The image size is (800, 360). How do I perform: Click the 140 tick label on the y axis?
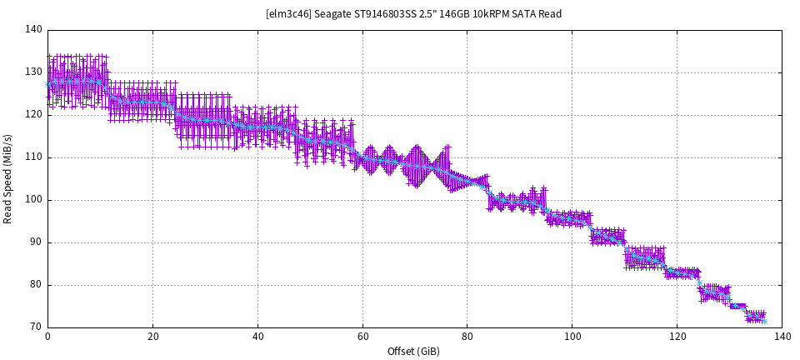tap(33, 30)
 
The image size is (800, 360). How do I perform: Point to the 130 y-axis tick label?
tap(33, 72)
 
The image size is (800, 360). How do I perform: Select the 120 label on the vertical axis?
tap(33, 115)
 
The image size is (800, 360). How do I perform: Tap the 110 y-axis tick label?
tap(33, 157)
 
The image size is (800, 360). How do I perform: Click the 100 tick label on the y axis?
tap(33, 200)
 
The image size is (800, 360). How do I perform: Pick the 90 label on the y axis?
tap(36, 242)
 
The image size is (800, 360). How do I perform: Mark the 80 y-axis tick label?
tap(36, 285)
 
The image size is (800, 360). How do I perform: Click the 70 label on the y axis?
tap(36, 327)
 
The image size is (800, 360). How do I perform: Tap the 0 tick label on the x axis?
tap(47, 337)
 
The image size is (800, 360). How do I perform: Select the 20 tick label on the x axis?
tap(152, 337)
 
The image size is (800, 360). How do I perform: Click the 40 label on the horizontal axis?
tap(257, 337)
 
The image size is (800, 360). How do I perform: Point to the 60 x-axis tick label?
tap(362, 337)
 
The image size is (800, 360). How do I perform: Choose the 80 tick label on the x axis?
tap(467, 337)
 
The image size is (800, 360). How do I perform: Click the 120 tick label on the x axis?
tap(677, 337)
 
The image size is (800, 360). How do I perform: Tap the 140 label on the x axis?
tap(782, 337)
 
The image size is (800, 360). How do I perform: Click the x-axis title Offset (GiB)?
tap(414, 352)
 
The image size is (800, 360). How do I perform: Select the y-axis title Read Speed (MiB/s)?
tap(8, 178)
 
